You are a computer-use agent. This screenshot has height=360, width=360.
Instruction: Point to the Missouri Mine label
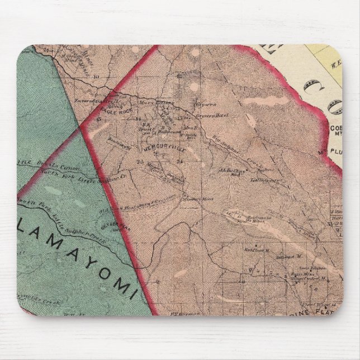(x=192, y=199)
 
